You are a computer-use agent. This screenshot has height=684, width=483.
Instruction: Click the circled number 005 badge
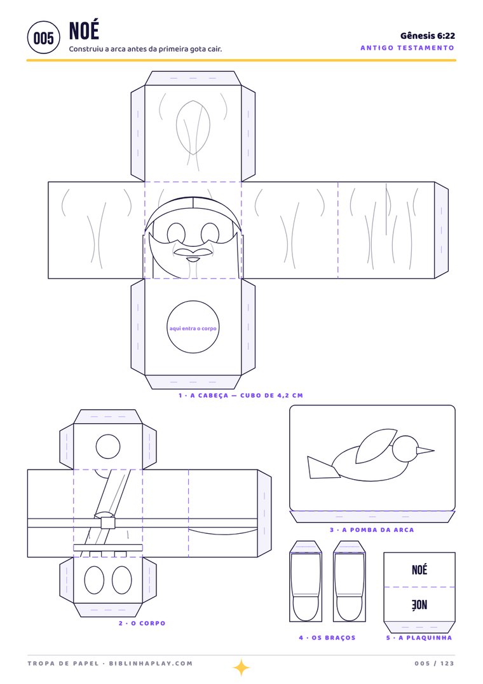[x=43, y=38]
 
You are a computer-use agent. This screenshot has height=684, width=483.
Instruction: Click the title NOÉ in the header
[x=84, y=31]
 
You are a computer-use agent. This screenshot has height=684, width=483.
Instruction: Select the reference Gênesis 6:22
[x=427, y=36]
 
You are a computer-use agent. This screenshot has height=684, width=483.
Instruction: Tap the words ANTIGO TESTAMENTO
[x=407, y=48]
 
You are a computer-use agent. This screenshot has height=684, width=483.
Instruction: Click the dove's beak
[x=426, y=450]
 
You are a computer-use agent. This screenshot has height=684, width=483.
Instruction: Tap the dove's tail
[x=323, y=468]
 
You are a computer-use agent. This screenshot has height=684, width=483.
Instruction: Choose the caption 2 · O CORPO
[x=142, y=624]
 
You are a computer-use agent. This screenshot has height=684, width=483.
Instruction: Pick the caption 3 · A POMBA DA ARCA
[x=372, y=530]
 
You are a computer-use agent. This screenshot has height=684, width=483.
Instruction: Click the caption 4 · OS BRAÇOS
[x=327, y=638]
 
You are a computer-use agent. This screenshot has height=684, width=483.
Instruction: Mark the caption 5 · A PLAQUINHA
[x=419, y=638]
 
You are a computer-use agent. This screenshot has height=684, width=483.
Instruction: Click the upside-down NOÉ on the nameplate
[x=419, y=604]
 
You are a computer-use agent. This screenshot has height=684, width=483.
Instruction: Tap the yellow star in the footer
[x=241, y=667]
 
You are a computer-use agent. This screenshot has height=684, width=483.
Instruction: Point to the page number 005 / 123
[x=434, y=664]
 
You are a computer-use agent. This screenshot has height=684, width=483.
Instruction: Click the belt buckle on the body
[x=107, y=522]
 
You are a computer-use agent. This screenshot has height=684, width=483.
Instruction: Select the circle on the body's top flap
[x=107, y=447]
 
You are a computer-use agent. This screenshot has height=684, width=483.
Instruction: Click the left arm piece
[x=306, y=581]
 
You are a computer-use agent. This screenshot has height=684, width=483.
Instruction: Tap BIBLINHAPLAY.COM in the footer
[x=151, y=664]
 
